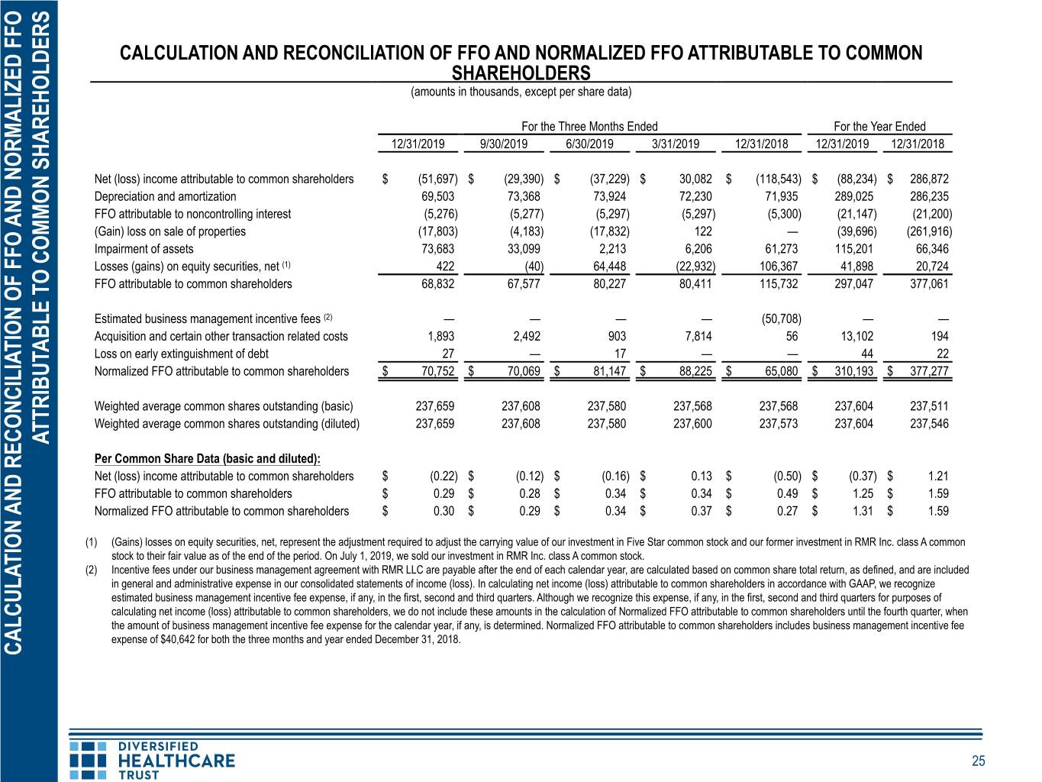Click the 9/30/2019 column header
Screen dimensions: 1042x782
coord(503,144)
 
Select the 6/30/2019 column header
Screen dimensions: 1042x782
coord(589,144)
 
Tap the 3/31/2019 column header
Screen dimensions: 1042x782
coord(675,144)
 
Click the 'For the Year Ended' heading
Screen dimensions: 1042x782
coord(879,126)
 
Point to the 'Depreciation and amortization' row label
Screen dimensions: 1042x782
coord(165,196)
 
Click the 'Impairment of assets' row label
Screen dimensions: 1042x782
coord(144,249)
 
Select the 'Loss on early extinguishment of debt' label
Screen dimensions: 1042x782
coord(182,354)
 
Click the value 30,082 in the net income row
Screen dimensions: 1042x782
coord(695,179)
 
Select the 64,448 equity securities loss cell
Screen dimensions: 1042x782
coord(609,267)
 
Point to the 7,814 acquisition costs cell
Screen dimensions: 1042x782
coord(698,336)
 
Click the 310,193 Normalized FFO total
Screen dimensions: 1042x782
coord(854,371)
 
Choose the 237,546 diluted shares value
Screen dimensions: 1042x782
coord(929,424)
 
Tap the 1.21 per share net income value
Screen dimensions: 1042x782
coord(938,477)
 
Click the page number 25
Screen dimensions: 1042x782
coord(979,761)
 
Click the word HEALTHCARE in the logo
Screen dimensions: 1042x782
coord(176,761)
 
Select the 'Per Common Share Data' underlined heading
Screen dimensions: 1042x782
coord(208,459)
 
